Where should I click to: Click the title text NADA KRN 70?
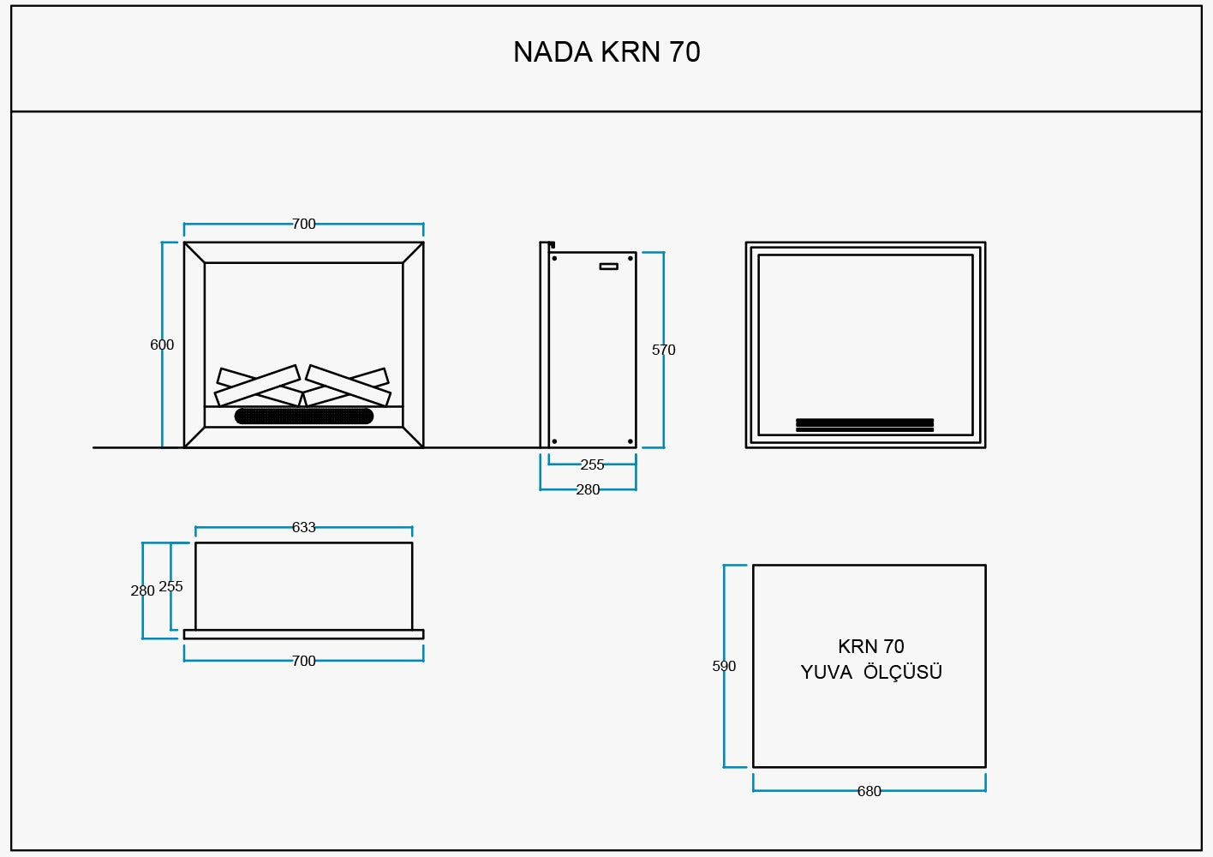coord(606,52)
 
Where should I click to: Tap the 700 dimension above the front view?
coord(303,224)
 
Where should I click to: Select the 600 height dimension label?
coord(162,345)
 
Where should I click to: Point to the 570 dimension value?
coord(663,350)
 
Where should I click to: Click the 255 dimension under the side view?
coord(592,464)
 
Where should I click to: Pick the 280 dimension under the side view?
coord(588,489)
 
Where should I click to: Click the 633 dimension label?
coord(303,527)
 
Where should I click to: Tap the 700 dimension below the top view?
coord(303,661)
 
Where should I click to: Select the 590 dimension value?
coord(724,666)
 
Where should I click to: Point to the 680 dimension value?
coord(869,791)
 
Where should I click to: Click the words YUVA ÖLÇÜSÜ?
coord(871,672)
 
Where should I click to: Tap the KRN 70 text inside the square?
coord(870,646)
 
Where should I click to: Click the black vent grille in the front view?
coord(303,417)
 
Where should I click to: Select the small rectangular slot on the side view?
coord(608,267)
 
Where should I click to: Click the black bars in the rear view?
coord(864,424)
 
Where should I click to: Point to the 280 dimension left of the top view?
coord(142,590)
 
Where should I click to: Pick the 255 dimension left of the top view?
coord(170,586)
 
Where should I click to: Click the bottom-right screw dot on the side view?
coord(630,441)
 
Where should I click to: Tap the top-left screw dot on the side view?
coord(554,258)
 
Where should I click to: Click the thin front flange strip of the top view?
coord(303,634)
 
